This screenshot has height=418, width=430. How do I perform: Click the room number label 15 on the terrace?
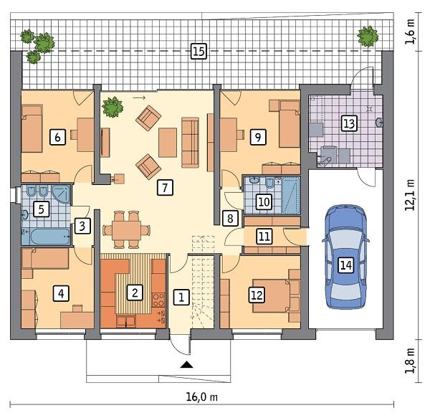point(199,50)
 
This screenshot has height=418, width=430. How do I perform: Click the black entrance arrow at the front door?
point(186,366)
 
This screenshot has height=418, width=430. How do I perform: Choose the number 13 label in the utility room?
point(348,124)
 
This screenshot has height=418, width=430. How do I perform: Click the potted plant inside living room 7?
point(112,107)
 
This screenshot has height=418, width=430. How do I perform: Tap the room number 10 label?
point(263,201)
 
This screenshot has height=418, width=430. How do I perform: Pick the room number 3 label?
point(83,227)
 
